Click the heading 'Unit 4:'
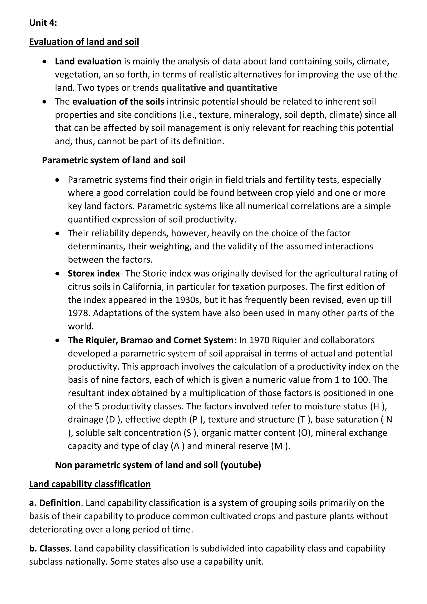coord(43,23)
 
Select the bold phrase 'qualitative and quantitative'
coord(219,88)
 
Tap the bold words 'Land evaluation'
coord(88,62)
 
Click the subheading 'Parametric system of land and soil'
coord(114,160)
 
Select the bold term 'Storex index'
coord(94,274)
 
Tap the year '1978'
coord(78,313)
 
